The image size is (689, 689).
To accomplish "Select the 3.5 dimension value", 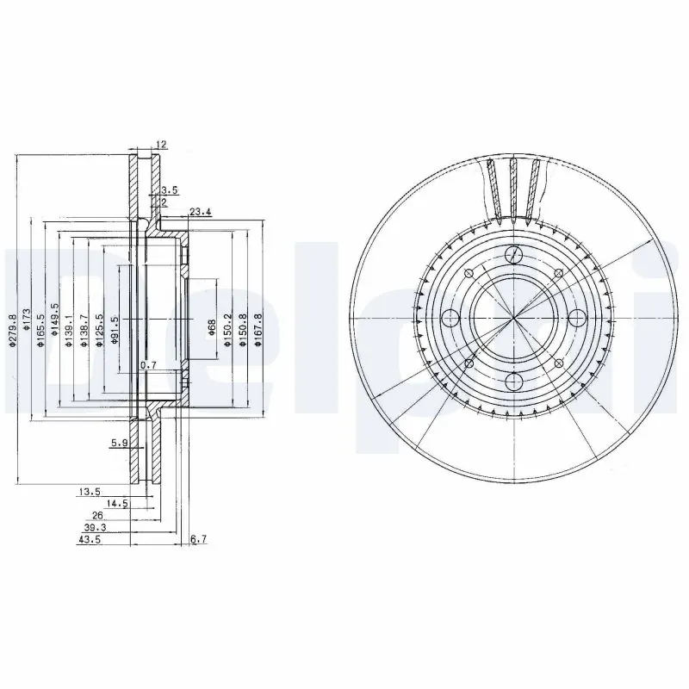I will tap(169, 189).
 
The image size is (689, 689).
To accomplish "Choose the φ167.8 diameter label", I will tap(257, 331).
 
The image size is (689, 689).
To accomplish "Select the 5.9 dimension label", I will tap(119, 444).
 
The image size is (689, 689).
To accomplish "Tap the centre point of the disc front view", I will tap(514, 318).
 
